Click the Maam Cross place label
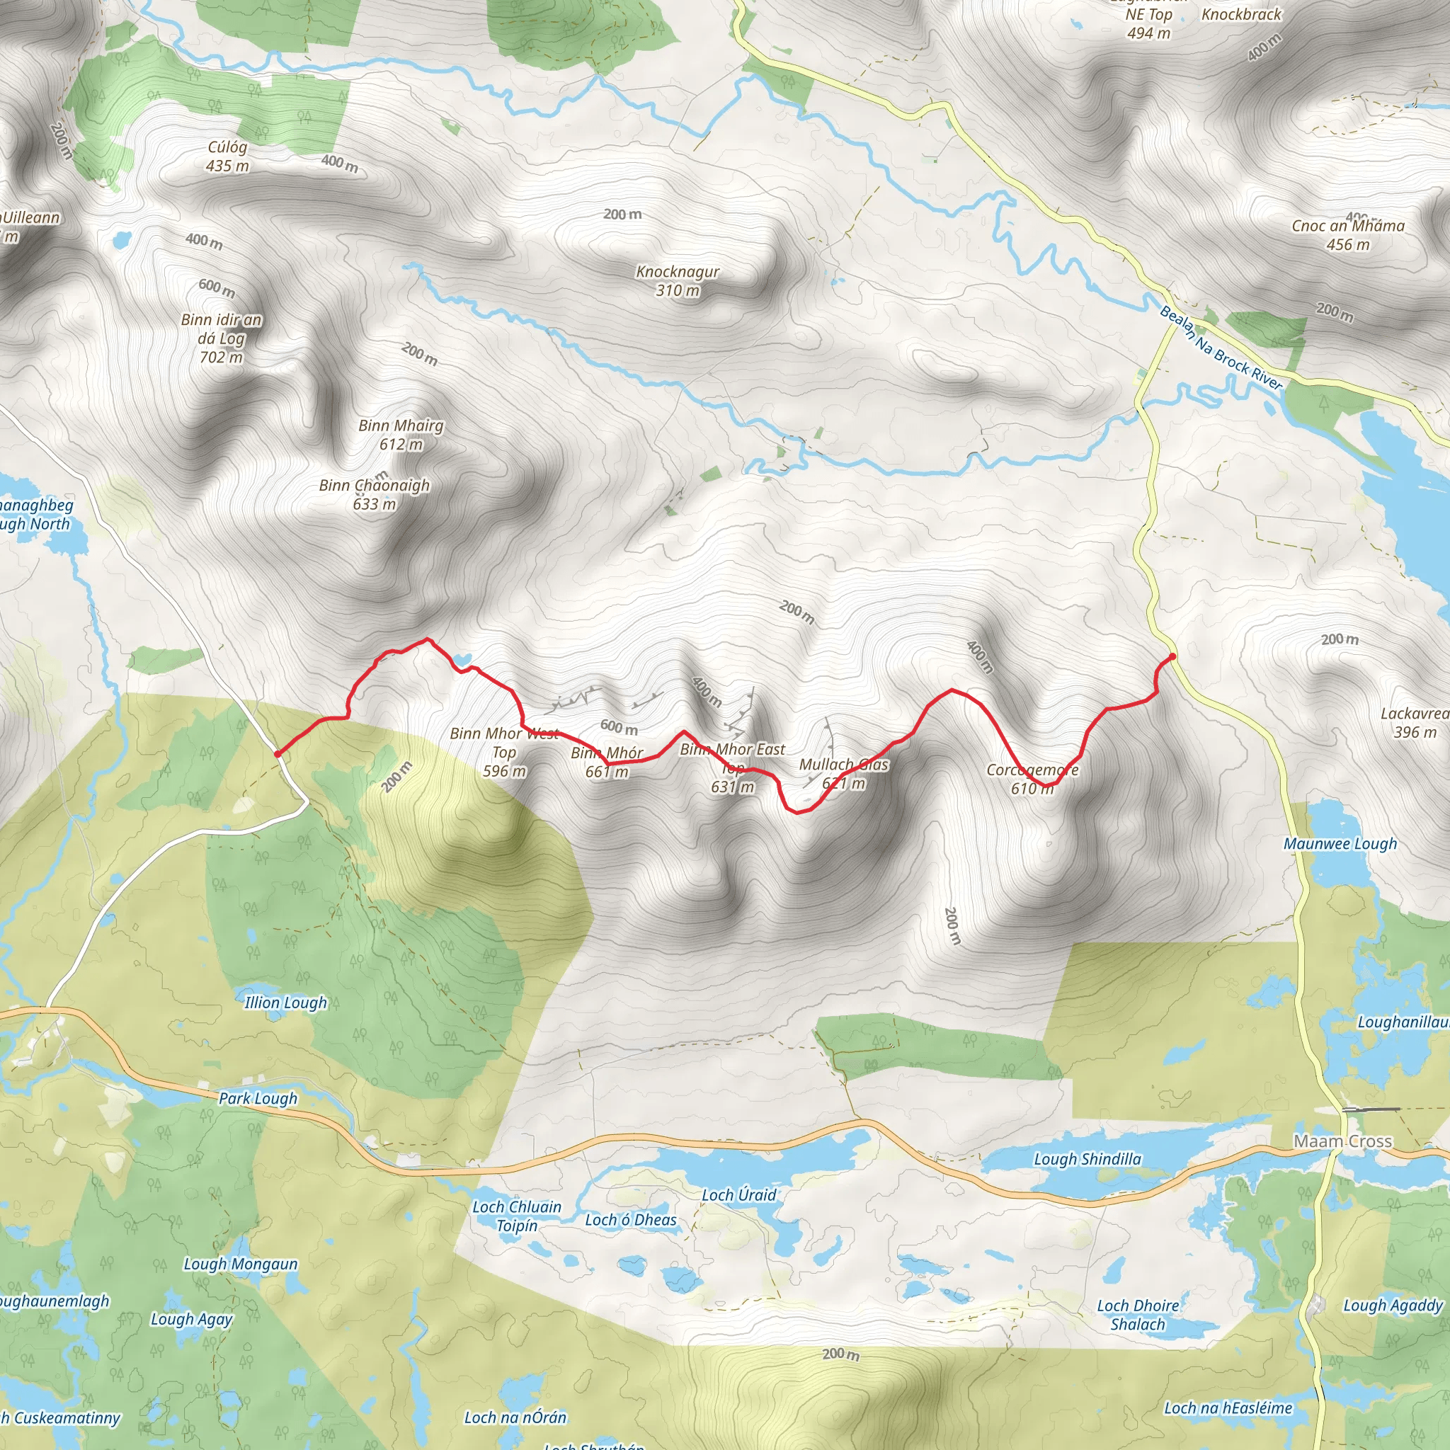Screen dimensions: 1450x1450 coord(1342,1141)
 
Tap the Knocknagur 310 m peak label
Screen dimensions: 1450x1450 coord(677,280)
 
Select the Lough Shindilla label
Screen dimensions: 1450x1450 coord(1087,1160)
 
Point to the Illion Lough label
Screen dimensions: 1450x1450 coord(285,1003)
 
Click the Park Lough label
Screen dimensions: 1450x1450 coord(258,1099)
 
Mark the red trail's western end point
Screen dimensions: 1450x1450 coord(277,753)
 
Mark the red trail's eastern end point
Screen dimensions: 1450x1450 coord(1172,657)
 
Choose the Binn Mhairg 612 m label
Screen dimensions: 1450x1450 coord(401,435)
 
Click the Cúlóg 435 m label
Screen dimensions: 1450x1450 coord(227,156)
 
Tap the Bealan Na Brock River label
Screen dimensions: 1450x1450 coord(1221,348)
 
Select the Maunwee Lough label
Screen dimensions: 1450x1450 coord(1340,843)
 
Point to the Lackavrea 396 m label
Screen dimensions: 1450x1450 coord(1414,723)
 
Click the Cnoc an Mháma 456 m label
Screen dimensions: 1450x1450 coord(1347,235)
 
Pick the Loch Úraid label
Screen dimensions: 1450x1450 coord(738,1195)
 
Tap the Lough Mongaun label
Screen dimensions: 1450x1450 coord(240,1265)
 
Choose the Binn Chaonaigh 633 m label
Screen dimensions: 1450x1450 coord(374,495)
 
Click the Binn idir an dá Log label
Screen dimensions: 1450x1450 coord(222,338)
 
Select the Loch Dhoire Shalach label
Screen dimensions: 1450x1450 coord(1137,1315)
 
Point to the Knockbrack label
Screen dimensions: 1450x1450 coord(1241,14)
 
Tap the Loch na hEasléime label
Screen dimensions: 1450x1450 coord(1228,1408)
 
